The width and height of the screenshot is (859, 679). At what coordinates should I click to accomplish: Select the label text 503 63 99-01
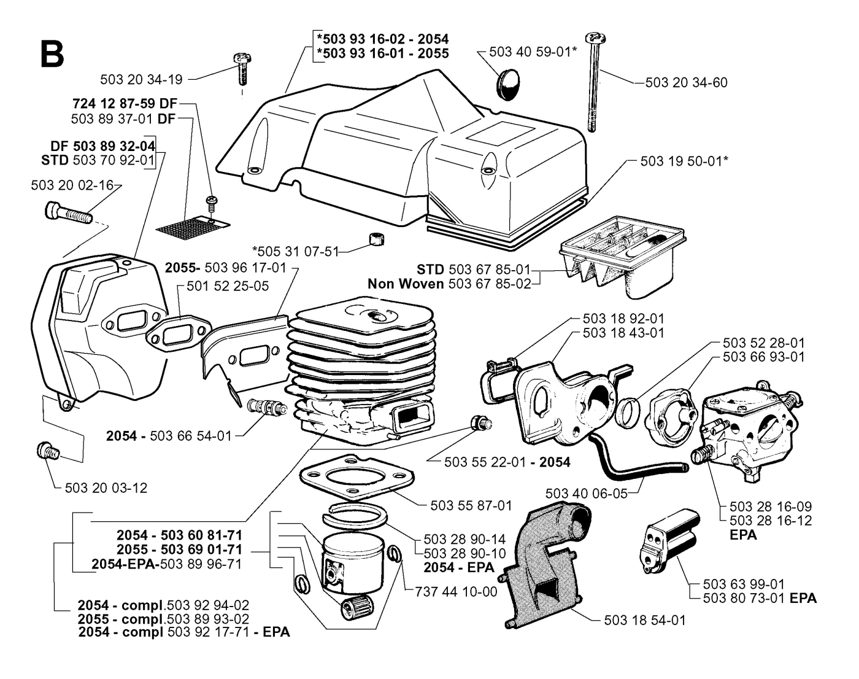pyautogui.click(x=737, y=584)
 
